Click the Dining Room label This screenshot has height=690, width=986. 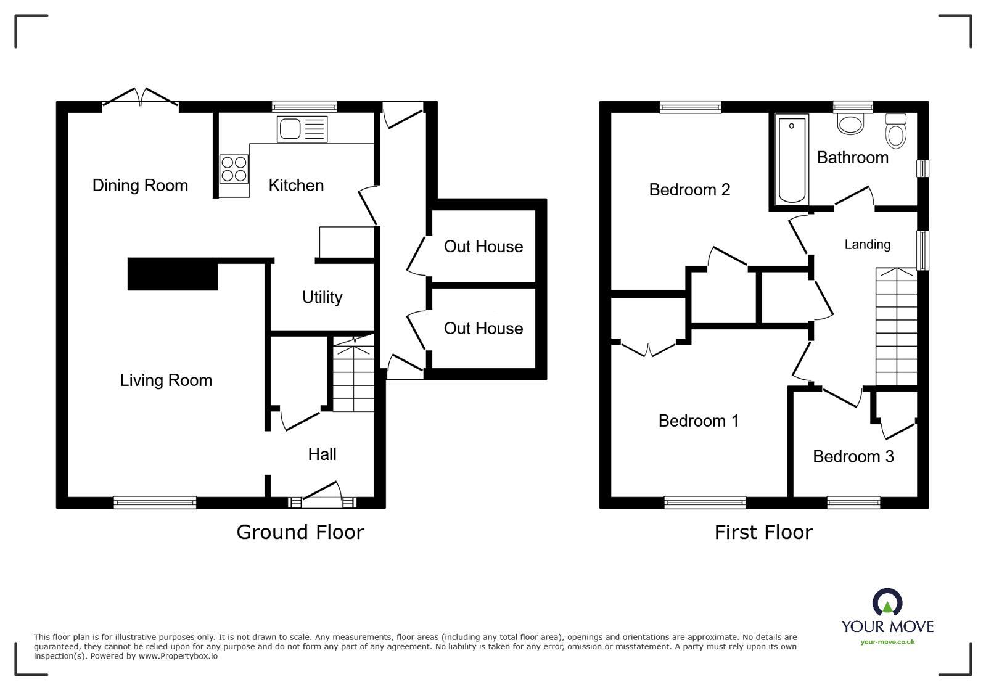pos(140,185)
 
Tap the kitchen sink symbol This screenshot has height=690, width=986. pos(302,129)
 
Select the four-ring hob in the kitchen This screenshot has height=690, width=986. pos(234,169)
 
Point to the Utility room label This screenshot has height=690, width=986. pos(322,297)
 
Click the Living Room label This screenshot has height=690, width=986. pos(166,380)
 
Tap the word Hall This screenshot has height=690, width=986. pos(322,454)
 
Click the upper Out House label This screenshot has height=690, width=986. pos(483,247)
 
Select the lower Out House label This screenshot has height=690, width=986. pos(483,328)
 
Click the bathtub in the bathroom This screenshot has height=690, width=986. pos(792,158)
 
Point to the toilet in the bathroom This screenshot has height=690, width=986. pos(895,131)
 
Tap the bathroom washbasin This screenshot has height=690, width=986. pos(851,124)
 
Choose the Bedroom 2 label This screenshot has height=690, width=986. pos(689,189)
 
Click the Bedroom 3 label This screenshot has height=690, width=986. pos(853,456)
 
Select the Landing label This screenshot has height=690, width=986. pos(867,245)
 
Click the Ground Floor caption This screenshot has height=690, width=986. pos(300,532)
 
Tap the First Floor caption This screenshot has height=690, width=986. pos(763,532)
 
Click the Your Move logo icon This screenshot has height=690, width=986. pos(887,602)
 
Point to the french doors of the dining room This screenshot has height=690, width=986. pos(141,97)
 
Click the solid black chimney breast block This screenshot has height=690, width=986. pos(173,274)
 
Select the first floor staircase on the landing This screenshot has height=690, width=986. pos(897,327)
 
